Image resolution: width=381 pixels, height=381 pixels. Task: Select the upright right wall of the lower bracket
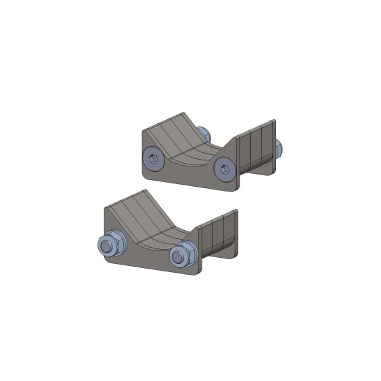(219, 233)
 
